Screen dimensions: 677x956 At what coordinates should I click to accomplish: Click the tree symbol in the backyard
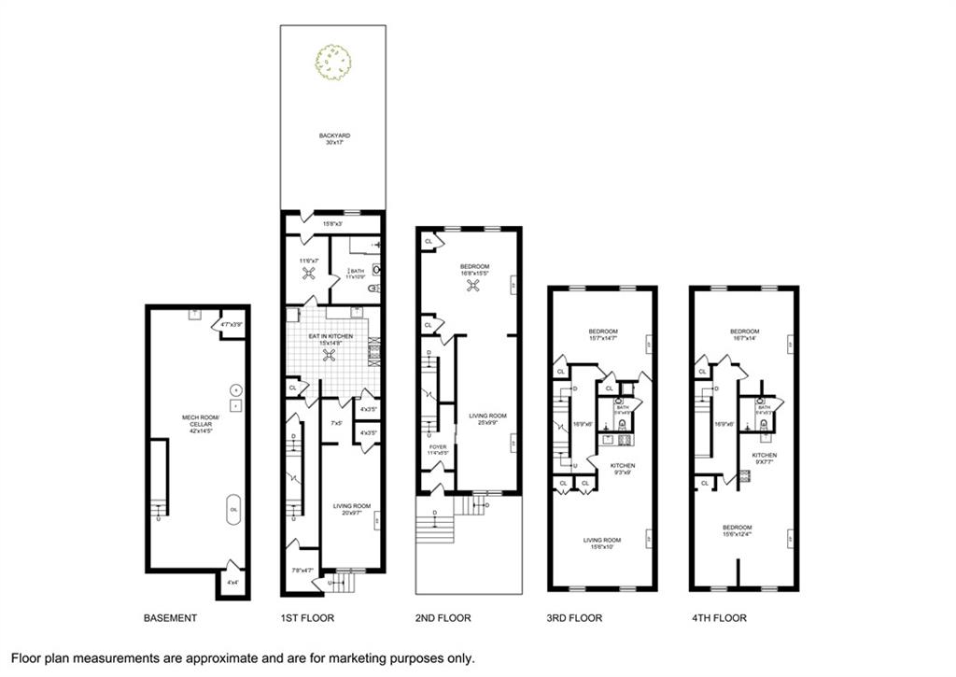click(x=333, y=62)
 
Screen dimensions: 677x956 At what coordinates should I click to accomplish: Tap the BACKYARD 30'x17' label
click(x=333, y=139)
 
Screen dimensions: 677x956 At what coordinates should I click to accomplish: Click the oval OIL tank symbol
click(x=233, y=509)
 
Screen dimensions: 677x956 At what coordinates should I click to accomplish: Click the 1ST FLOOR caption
click(x=307, y=618)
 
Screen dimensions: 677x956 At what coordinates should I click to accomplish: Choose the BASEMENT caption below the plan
click(x=170, y=618)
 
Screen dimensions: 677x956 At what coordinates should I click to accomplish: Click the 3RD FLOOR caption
click(x=575, y=618)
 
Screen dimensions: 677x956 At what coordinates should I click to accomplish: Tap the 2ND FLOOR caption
click(x=443, y=618)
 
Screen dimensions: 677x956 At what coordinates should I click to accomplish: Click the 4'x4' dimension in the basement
click(x=232, y=583)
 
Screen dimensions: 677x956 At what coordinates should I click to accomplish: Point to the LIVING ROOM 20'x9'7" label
click(x=352, y=509)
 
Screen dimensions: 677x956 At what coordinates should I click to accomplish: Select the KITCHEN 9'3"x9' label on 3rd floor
click(x=623, y=469)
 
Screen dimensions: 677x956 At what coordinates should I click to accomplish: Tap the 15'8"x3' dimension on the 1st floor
click(x=334, y=223)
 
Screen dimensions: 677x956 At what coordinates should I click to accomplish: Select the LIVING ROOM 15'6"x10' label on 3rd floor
click(x=602, y=543)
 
